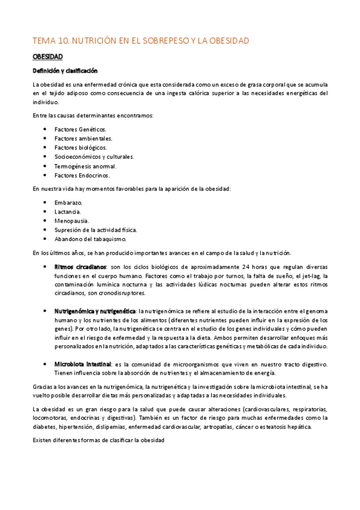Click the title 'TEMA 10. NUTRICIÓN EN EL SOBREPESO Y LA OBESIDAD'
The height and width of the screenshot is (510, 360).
[141, 40]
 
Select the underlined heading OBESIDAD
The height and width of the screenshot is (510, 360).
[48, 57]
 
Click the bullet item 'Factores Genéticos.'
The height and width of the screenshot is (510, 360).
[80, 129]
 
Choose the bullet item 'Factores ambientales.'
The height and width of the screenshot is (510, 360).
[83, 138]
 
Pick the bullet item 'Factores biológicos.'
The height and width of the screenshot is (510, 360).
[81, 147]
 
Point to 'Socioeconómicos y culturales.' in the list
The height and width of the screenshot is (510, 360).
[94, 156]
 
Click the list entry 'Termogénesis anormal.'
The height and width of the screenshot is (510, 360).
[85, 166]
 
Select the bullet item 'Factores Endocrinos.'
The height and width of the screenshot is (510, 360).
[82, 175]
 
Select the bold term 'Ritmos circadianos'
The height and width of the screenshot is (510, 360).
[80, 266]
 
